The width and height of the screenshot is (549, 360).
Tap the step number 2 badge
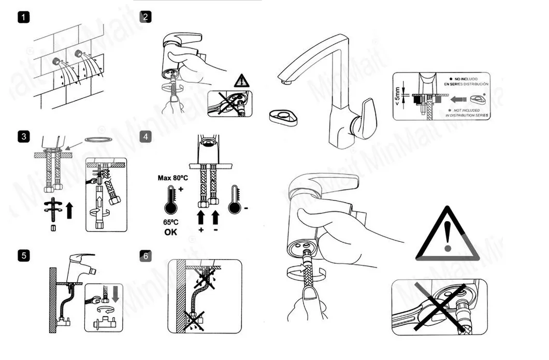[146, 17]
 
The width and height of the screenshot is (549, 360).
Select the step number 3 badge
[23, 137]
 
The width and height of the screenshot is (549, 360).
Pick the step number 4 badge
[146, 137]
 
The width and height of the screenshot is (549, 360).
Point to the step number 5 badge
[23, 255]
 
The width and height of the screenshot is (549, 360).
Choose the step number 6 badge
[146, 255]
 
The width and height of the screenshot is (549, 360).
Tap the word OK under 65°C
[170, 232]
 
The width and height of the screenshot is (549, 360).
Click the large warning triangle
[446, 237]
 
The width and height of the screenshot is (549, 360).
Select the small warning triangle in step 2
[241, 81]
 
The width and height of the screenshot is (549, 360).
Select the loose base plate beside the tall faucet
[283, 117]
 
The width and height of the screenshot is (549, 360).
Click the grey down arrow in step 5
[115, 294]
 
